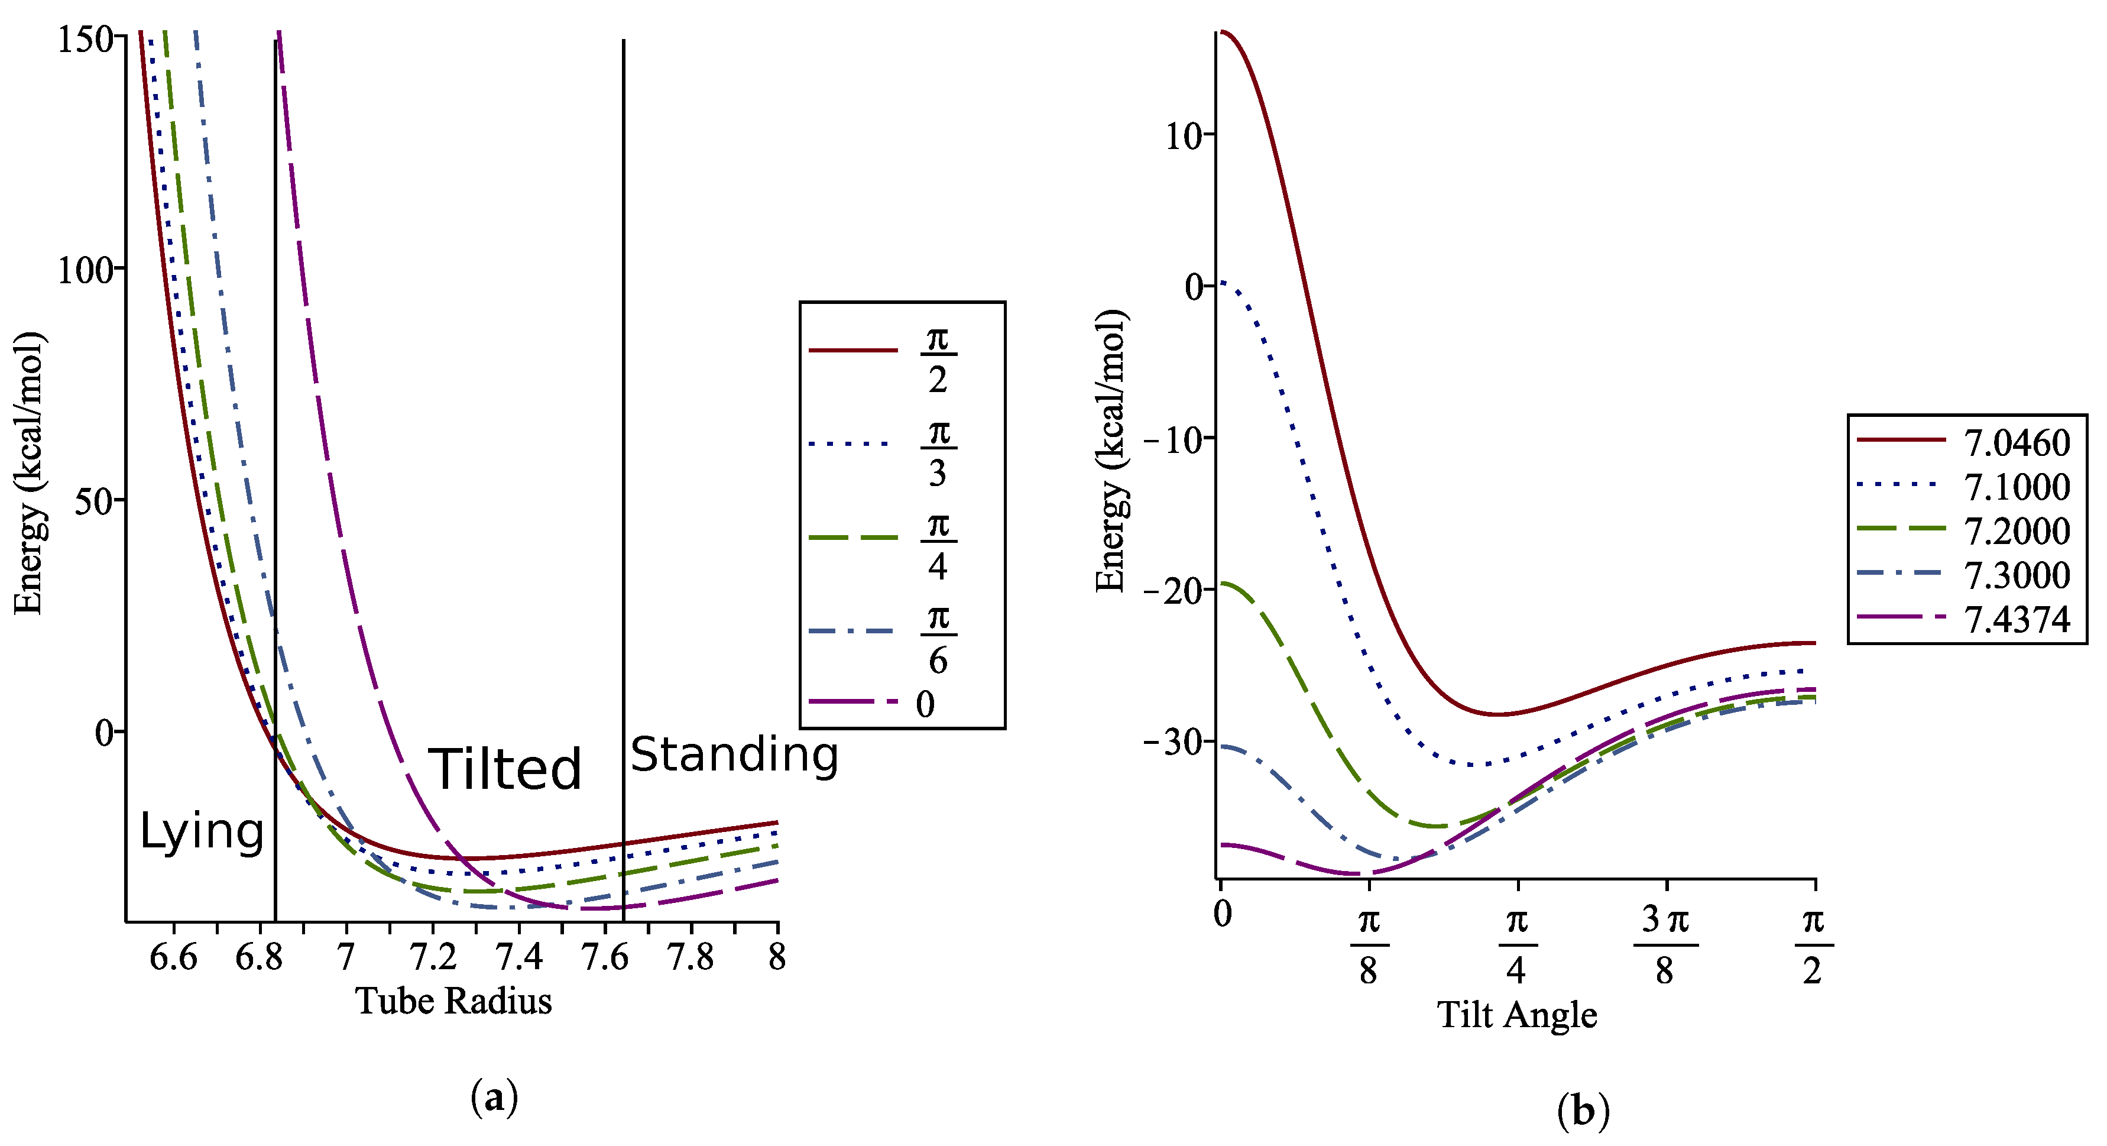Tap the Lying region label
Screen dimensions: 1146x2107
201,832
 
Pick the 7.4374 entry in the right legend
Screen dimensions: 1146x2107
2016,620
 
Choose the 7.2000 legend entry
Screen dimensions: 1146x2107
2016,532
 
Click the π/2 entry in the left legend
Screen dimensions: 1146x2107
938,358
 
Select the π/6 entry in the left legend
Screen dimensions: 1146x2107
938,637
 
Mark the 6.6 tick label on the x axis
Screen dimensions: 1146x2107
173,956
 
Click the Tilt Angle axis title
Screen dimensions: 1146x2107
1517,1014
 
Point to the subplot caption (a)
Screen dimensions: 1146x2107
494,1098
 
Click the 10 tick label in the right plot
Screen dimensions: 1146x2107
1184,136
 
